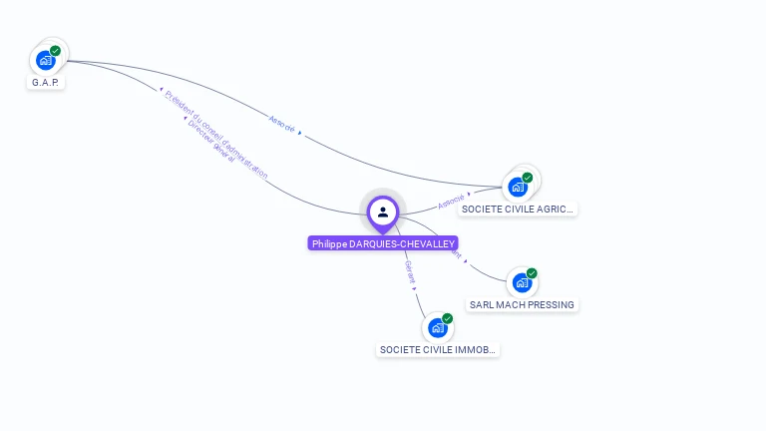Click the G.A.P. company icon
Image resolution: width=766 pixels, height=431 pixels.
[45, 60]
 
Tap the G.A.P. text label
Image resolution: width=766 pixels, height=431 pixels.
[46, 83]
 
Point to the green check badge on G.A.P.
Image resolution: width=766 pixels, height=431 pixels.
[55, 51]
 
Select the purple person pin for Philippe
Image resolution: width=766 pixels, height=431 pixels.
[383, 212]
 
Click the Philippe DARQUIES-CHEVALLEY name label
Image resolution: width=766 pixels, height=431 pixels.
[383, 243]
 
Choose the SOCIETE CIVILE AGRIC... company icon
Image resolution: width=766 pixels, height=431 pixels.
[518, 187]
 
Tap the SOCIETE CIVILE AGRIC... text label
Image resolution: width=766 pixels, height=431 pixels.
[518, 210]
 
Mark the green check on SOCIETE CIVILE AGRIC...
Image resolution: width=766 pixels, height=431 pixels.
[528, 178]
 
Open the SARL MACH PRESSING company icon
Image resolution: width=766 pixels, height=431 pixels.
[522, 282]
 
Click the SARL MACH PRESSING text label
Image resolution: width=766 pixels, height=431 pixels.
[522, 304]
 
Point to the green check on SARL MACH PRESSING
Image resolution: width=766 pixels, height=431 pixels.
[532, 273]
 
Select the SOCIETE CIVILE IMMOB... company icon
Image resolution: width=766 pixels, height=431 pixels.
[437, 327]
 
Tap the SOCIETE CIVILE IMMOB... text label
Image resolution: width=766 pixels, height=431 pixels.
[437, 350]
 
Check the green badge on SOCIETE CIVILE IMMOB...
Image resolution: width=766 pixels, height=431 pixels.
[447, 318]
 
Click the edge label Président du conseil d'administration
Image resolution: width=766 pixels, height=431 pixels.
[216, 135]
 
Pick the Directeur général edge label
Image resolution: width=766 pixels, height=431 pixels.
[210, 143]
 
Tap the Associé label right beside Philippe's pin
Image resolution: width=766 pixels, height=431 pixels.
[452, 200]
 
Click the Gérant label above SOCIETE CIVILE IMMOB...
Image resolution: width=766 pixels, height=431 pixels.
[409, 272]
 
